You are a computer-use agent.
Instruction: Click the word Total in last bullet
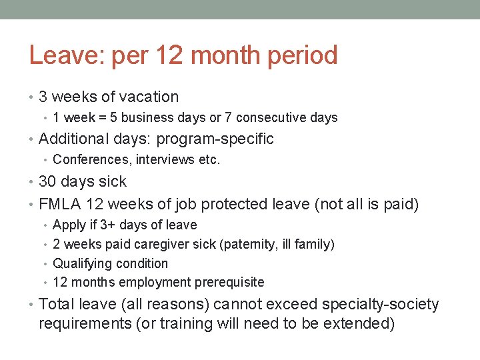pos(57,305)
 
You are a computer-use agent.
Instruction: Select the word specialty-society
pos(380,305)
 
